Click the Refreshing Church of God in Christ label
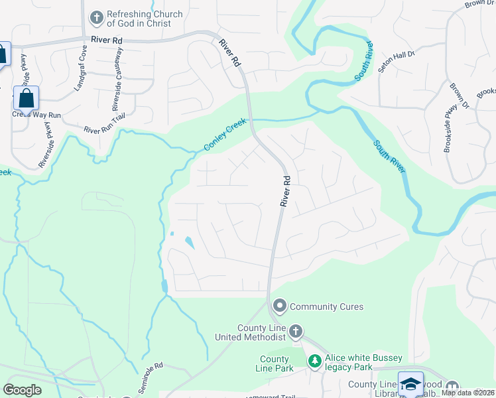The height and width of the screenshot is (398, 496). [x=139, y=19]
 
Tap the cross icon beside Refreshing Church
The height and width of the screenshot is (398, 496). [x=96, y=17]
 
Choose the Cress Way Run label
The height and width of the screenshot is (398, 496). [x=36, y=115]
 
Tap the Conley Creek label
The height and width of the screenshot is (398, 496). [x=225, y=135]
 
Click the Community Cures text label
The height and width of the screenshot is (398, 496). [x=327, y=306]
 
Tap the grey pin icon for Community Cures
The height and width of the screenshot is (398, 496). [x=280, y=306]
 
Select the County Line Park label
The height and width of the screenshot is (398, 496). [x=274, y=364]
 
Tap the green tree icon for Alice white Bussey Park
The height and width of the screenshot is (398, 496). [x=316, y=362]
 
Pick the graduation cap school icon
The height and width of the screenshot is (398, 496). [x=410, y=384]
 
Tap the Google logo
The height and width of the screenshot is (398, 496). [x=22, y=390]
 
